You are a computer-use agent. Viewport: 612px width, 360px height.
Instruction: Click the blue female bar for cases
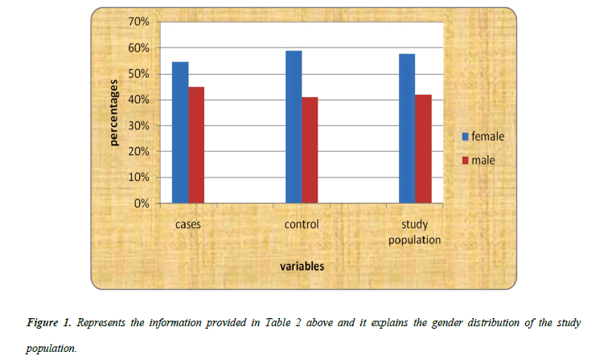180,133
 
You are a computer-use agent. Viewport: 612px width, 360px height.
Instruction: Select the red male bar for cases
195,145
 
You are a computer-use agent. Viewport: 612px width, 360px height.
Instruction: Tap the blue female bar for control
294,127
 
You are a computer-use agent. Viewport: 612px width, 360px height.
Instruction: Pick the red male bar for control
309,150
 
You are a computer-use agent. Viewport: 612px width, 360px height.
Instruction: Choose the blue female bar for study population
407,129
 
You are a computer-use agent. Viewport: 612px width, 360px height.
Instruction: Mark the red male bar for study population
422,149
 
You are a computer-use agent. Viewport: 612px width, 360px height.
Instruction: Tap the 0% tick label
142,203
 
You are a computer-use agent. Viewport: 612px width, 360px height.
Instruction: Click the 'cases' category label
188,224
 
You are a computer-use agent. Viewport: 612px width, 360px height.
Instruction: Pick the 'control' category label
302,224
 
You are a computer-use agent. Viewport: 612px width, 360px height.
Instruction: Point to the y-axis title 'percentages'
114,112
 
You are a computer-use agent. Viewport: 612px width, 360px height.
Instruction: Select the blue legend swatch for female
465,137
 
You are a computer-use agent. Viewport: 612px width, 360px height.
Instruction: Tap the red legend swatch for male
465,161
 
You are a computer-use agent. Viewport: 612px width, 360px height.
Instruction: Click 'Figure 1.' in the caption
47,322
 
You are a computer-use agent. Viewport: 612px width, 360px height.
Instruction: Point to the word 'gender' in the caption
459,322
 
